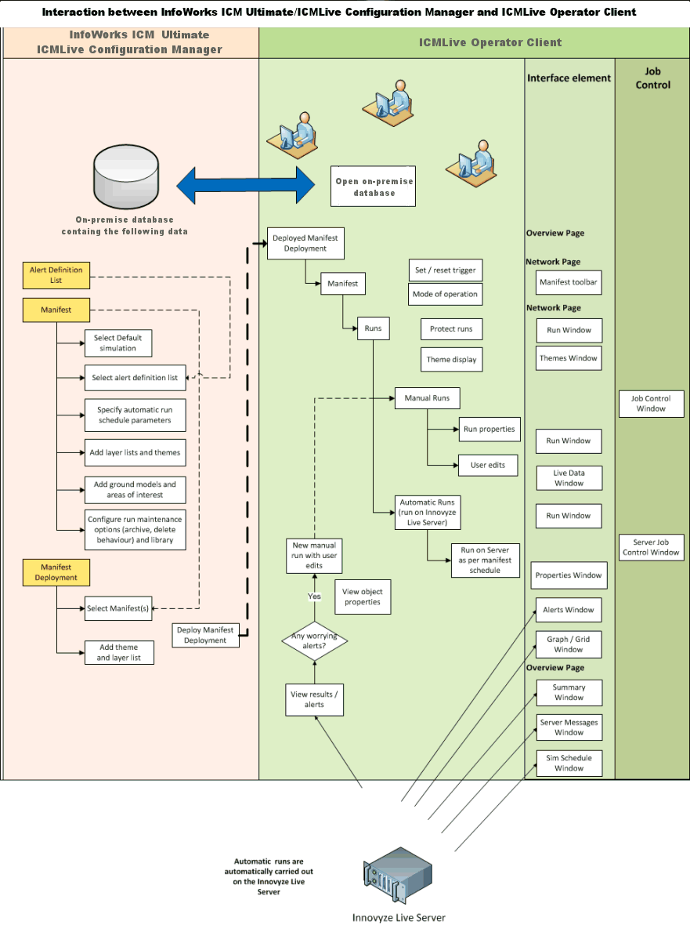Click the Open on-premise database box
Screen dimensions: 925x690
[x=373, y=187]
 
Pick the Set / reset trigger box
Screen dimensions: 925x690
[x=445, y=270]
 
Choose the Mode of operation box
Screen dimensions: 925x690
[x=445, y=294]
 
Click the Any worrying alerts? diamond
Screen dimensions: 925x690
[x=314, y=641]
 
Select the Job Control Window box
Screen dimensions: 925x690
[x=651, y=404]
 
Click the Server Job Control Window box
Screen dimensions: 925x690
[x=651, y=547]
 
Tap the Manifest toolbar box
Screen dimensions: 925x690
[x=568, y=282]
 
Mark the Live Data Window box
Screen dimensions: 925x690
[x=569, y=478]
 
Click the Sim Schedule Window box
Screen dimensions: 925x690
[x=569, y=764]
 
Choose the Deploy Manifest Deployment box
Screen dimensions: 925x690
[x=205, y=635]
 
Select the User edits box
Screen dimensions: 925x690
[x=487, y=465]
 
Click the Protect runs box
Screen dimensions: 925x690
[x=451, y=329]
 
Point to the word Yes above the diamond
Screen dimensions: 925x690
[x=314, y=597]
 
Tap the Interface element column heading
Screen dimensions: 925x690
[x=569, y=78]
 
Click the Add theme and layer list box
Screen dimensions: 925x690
[x=118, y=652]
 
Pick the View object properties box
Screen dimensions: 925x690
[x=362, y=597]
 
